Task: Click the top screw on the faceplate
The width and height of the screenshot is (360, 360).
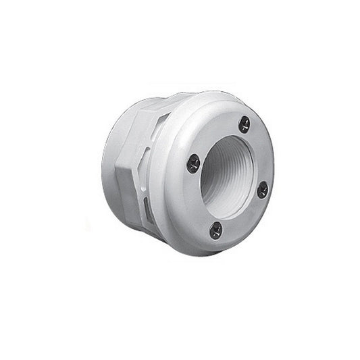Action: [x=245, y=124]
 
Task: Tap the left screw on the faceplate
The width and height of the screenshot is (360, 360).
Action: [x=194, y=162]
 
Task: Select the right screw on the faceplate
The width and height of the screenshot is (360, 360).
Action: [x=263, y=190]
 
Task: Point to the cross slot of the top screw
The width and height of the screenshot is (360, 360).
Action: [x=245, y=124]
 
